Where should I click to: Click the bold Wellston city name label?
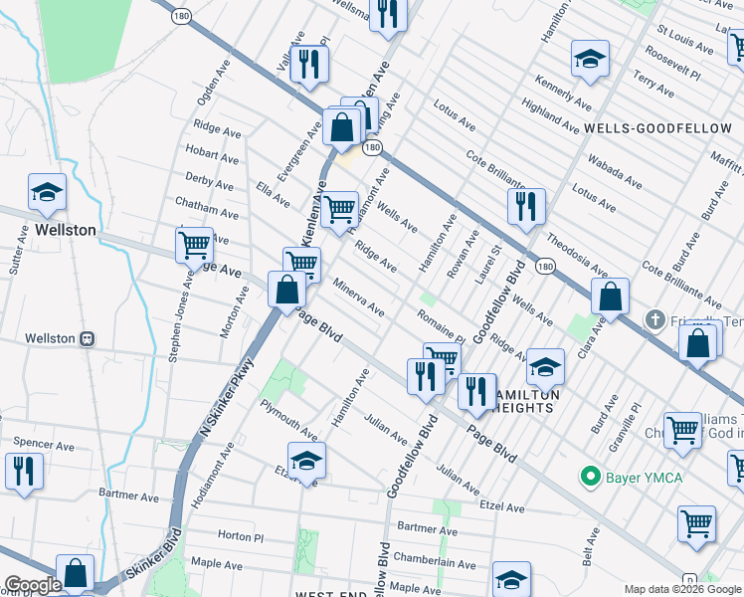click(x=66, y=230)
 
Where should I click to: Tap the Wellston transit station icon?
click(x=88, y=338)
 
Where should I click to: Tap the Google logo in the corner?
click(x=33, y=585)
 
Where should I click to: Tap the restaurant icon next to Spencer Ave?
click(x=24, y=470)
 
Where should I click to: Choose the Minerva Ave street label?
click(x=358, y=297)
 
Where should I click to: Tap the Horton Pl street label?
click(x=240, y=535)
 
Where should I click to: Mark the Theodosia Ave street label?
click(x=577, y=255)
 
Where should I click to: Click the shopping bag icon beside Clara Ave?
click(x=610, y=297)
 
